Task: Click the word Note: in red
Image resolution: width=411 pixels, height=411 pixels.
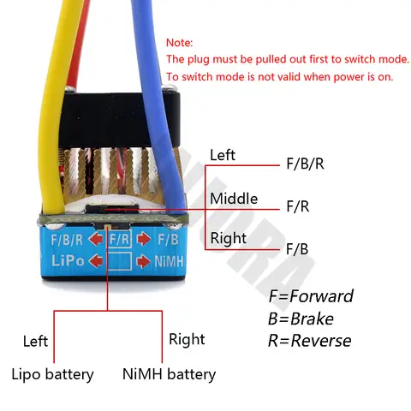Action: [x=180, y=42]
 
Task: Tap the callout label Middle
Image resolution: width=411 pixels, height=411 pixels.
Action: [x=233, y=199]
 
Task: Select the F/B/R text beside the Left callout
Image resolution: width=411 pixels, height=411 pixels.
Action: [x=307, y=164]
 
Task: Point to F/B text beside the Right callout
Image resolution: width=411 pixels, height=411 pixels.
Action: [x=296, y=249]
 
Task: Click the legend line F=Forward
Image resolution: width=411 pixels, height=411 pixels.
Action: [x=310, y=296]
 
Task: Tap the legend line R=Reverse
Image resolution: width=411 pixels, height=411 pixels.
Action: [x=309, y=341]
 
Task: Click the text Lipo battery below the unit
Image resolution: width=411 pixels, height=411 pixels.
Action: [x=52, y=373]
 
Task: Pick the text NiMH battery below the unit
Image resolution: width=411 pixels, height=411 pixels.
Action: [x=169, y=373]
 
